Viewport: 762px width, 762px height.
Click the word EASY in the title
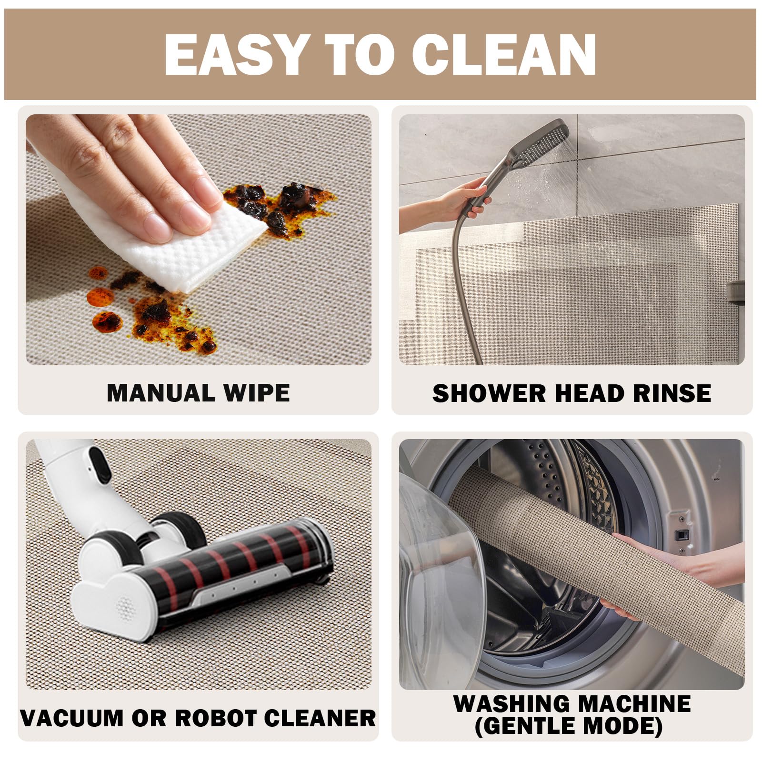point(235,54)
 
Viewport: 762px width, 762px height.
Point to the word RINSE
point(672,393)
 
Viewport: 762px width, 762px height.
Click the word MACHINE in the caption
point(635,703)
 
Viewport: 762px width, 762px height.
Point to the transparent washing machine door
point(438,591)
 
